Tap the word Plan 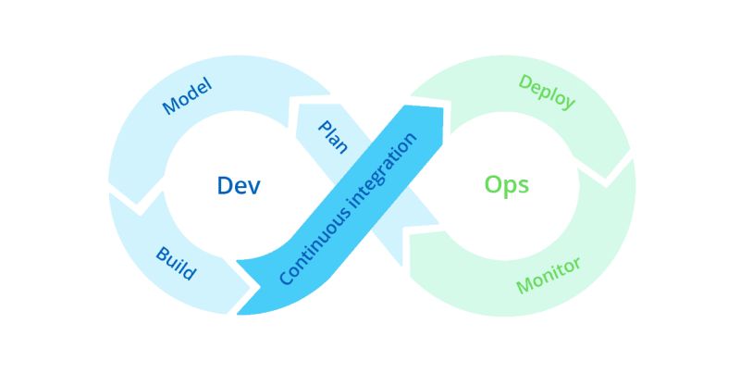(332, 137)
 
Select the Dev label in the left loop (239, 185)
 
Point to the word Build (175, 263)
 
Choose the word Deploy (547, 93)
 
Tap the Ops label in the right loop (506, 185)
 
